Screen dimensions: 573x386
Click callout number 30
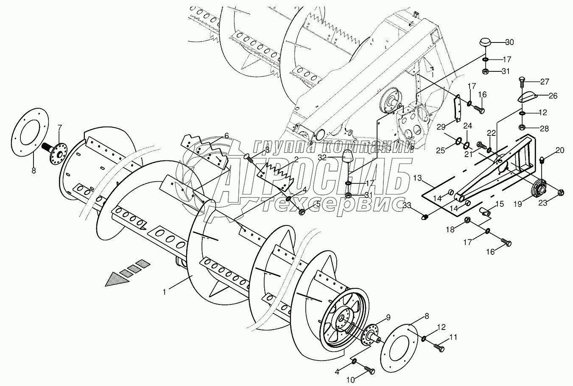509,42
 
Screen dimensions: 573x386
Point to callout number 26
553,96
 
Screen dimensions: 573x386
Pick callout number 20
560,150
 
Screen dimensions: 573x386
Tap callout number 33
407,206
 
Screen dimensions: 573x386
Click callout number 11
453,337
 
